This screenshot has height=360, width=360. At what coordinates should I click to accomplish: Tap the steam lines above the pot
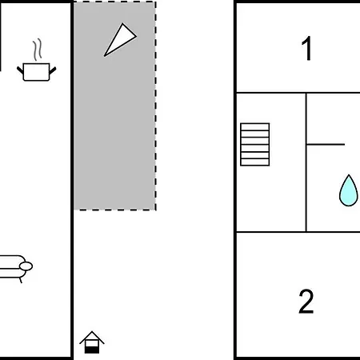point(38,50)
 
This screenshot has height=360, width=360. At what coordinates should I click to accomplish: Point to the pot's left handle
point(20,70)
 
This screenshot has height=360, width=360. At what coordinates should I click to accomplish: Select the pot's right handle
point(53,70)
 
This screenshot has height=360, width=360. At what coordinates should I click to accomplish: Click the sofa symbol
point(14,267)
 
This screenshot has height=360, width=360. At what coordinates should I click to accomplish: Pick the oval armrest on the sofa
point(26,266)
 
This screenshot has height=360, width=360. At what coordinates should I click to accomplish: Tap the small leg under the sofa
point(21,280)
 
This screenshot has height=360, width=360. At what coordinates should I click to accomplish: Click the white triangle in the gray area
point(120,40)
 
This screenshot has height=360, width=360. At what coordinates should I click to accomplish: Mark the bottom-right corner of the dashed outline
point(155,210)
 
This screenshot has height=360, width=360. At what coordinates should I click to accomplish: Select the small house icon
point(92,342)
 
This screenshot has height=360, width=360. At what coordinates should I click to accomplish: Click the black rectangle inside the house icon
point(92,350)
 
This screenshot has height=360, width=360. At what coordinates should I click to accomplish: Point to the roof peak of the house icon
point(92,331)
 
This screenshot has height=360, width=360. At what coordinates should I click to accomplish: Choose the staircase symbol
point(255,145)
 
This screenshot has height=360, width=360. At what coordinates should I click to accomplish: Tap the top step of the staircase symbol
point(255,127)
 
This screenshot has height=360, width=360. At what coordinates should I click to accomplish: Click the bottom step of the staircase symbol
point(255,162)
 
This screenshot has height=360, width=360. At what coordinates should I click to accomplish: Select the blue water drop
point(348,190)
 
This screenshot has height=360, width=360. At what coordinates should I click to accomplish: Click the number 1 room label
point(307,48)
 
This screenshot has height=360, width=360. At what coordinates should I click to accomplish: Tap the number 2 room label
point(306,302)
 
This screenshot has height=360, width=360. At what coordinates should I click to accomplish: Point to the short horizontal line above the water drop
point(326,144)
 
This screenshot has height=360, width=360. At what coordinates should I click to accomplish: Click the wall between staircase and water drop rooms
point(306,162)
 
